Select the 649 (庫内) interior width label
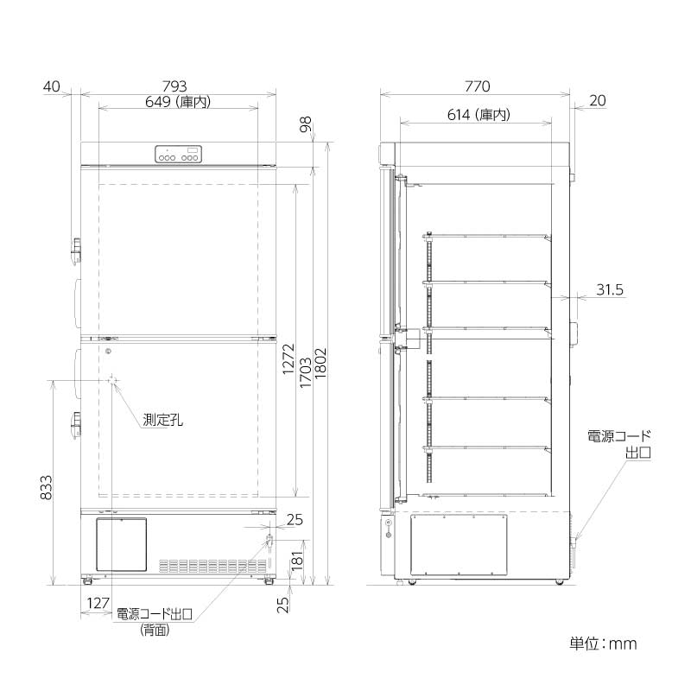click(x=179, y=101)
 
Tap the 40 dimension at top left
click(x=52, y=86)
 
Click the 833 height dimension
click(x=44, y=491)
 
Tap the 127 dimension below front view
click(x=98, y=603)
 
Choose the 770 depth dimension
click(x=477, y=86)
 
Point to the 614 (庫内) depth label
click(x=478, y=114)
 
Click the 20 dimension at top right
click(x=597, y=100)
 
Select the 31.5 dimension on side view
click(x=609, y=290)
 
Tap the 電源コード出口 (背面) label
click(x=155, y=622)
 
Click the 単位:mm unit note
click(x=603, y=643)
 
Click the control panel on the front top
click(x=179, y=155)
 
